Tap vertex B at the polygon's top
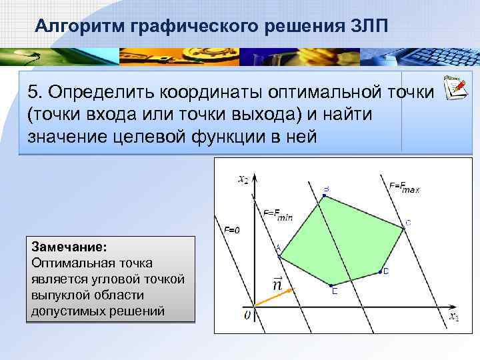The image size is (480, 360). [324, 197]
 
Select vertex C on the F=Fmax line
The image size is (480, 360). [403, 228]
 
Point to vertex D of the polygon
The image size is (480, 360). [381, 271]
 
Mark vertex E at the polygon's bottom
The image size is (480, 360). [333, 285]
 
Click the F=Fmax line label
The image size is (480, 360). [404, 187]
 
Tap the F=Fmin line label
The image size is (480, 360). [278, 214]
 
